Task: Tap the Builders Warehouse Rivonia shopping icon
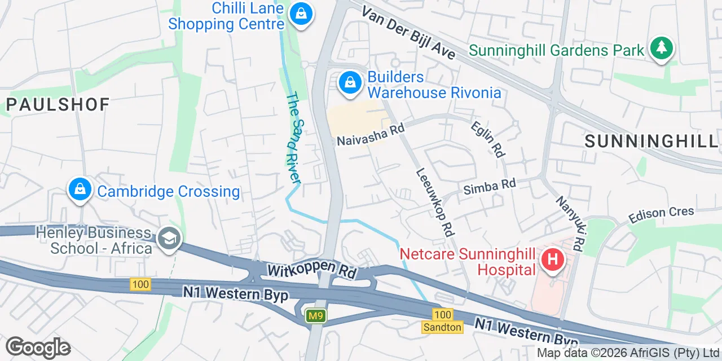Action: point(350,83)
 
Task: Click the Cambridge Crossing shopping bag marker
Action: point(80,190)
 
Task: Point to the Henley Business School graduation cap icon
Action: point(168,239)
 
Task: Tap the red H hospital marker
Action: point(552,260)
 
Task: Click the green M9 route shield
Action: point(316,316)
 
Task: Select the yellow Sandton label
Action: point(443,327)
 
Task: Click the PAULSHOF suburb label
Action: point(58,104)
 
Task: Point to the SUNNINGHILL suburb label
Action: point(652,142)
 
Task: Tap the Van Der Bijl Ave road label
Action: point(408,32)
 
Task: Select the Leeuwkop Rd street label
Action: point(435,202)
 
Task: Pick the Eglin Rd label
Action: point(488,139)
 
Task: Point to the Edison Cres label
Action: point(661,214)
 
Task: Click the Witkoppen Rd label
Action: point(312,269)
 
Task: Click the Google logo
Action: point(38,347)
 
